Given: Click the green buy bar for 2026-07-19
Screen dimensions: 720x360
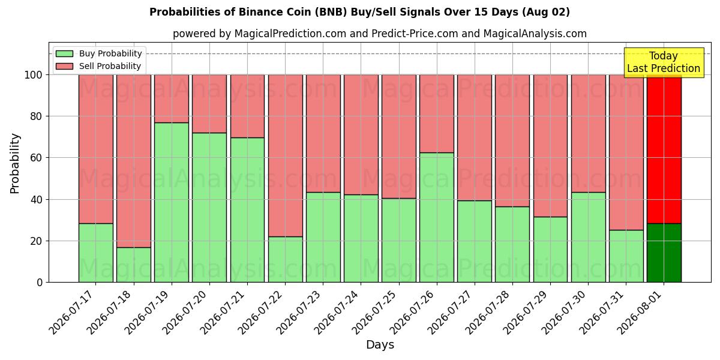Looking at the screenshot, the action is pyautogui.click(x=172, y=203).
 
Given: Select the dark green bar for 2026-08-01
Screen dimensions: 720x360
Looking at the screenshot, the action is pyautogui.click(x=664, y=253).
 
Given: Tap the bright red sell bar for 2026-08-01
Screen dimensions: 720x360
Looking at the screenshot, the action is pyautogui.click(x=664, y=149).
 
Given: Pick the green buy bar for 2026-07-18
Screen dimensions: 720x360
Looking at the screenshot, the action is pyautogui.click(x=134, y=265).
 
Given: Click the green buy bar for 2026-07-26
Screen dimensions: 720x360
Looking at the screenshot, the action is pyautogui.click(x=437, y=217).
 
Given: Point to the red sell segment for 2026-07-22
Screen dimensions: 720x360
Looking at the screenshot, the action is pyautogui.click(x=286, y=155).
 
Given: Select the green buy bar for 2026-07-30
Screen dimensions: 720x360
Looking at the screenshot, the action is pyautogui.click(x=588, y=237).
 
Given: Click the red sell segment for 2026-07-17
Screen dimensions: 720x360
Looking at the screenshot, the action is pyautogui.click(x=96, y=149).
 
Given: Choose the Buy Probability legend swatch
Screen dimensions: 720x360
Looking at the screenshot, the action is pyautogui.click(x=64, y=53).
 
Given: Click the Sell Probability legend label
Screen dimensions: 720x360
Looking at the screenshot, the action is pyautogui.click(x=110, y=66).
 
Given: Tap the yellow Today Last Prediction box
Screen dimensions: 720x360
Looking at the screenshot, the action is pyautogui.click(x=664, y=62).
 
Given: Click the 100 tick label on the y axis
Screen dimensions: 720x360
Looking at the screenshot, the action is pyautogui.click(x=34, y=75).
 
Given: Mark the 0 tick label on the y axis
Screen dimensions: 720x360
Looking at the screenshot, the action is pyautogui.click(x=40, y=283).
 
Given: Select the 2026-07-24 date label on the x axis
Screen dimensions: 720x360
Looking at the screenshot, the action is pyautogui.click(x=337, y=313).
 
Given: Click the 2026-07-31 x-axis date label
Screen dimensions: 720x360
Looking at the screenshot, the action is pyautogui.click(x=602, y=313).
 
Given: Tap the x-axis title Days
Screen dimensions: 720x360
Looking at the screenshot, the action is pyautogui.click(x=380, y=344).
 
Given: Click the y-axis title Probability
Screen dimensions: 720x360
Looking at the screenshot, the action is pyautogui.click(x=15, y=163).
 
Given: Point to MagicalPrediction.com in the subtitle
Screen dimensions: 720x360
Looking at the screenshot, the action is pyautogui.click(x=290, y=34).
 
